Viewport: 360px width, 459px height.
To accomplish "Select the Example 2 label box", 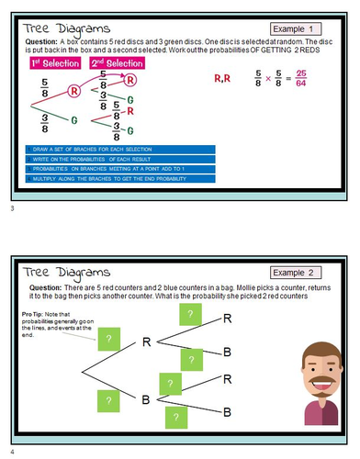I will tap(306, 273).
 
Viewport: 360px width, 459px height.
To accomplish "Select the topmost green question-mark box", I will tap(188, 314).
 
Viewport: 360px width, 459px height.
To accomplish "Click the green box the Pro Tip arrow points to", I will tap(108, 340).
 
